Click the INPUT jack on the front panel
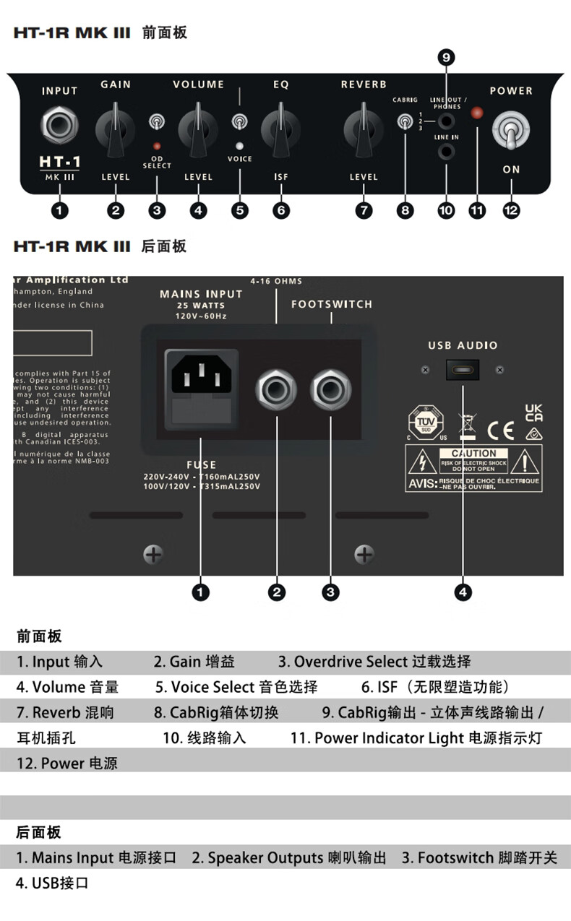point(59,124)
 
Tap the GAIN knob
point(116,129)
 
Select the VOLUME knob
point(198,129)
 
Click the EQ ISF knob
point(280,129)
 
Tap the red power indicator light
point(477,113)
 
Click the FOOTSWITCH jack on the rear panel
point(330,390)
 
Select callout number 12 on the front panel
point(511,211)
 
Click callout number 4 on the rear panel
point(463,592)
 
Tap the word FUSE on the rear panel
point(201,464)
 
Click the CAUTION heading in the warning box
point(473,453)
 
